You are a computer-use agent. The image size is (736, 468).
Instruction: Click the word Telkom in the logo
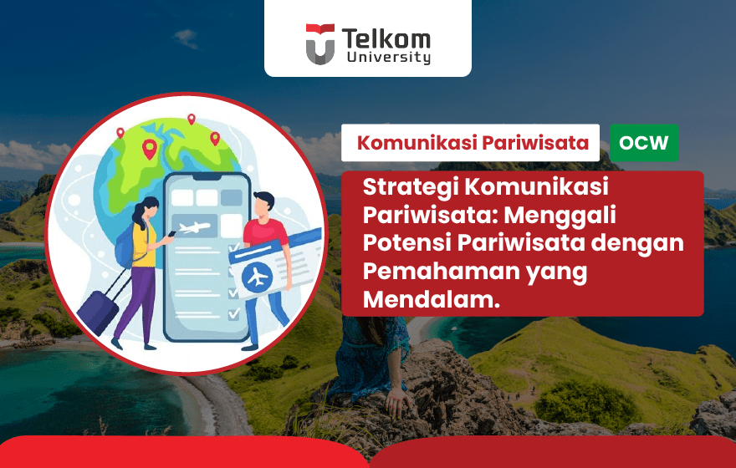click(386, 38)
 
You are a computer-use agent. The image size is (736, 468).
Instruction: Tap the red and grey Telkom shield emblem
click(319, 43)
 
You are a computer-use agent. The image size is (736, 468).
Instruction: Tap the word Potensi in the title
click(401, 243)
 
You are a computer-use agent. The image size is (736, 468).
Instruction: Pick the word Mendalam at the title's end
click(431, 299)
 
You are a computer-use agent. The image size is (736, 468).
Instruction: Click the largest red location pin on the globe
click(150, 150)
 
